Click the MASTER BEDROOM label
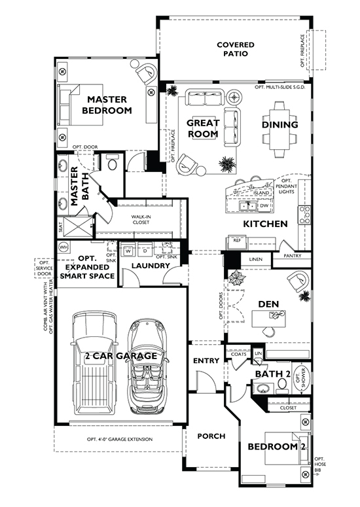point(106,105)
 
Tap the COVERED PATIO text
point(236,50)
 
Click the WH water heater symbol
point(63,247)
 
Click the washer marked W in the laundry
point(128,250)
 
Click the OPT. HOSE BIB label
point(320,464)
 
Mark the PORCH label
point(211,436)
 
